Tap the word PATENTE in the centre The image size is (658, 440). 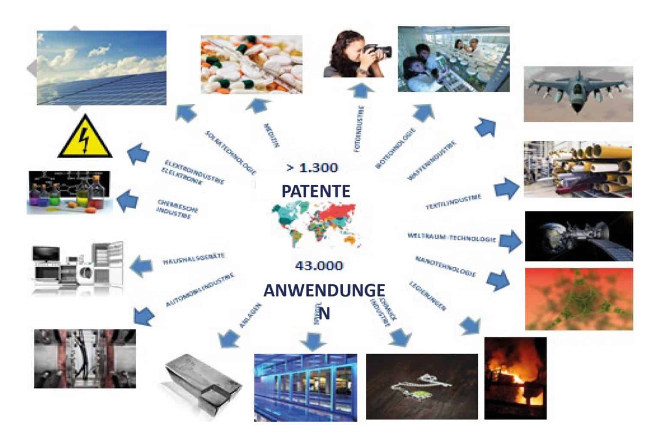(x=316, y=191)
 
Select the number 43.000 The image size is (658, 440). (x=319, y=266)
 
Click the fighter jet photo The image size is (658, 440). (x=578, y=93)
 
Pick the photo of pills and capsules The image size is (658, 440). (x=251, y=64)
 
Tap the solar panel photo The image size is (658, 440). (x=102, y=68)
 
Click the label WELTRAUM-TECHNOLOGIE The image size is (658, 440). (x=451, y=238)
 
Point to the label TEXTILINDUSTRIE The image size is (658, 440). (x=453, y=201)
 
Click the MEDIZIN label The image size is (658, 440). (x=272, y=135)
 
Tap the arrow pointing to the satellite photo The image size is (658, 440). (x=510, y=242)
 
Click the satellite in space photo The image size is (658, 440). (x=578, y=236)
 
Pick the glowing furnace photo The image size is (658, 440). (x=515, y=378)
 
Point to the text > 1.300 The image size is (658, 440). (x=313, y=168)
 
